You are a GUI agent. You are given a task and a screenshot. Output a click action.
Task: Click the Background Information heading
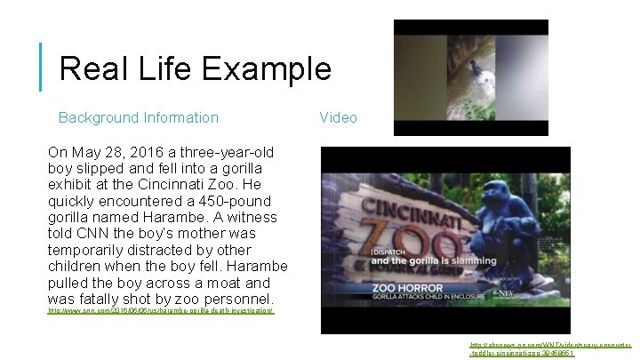tap(138, 117)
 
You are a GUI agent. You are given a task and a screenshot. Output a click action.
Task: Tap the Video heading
tap(338, 117)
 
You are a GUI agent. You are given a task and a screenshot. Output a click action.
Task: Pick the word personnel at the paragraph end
tap(233, 300)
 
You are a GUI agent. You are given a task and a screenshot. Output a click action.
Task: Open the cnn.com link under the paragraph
tap(161, 312)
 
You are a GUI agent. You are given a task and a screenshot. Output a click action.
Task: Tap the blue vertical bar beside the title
tap(42, 67)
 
